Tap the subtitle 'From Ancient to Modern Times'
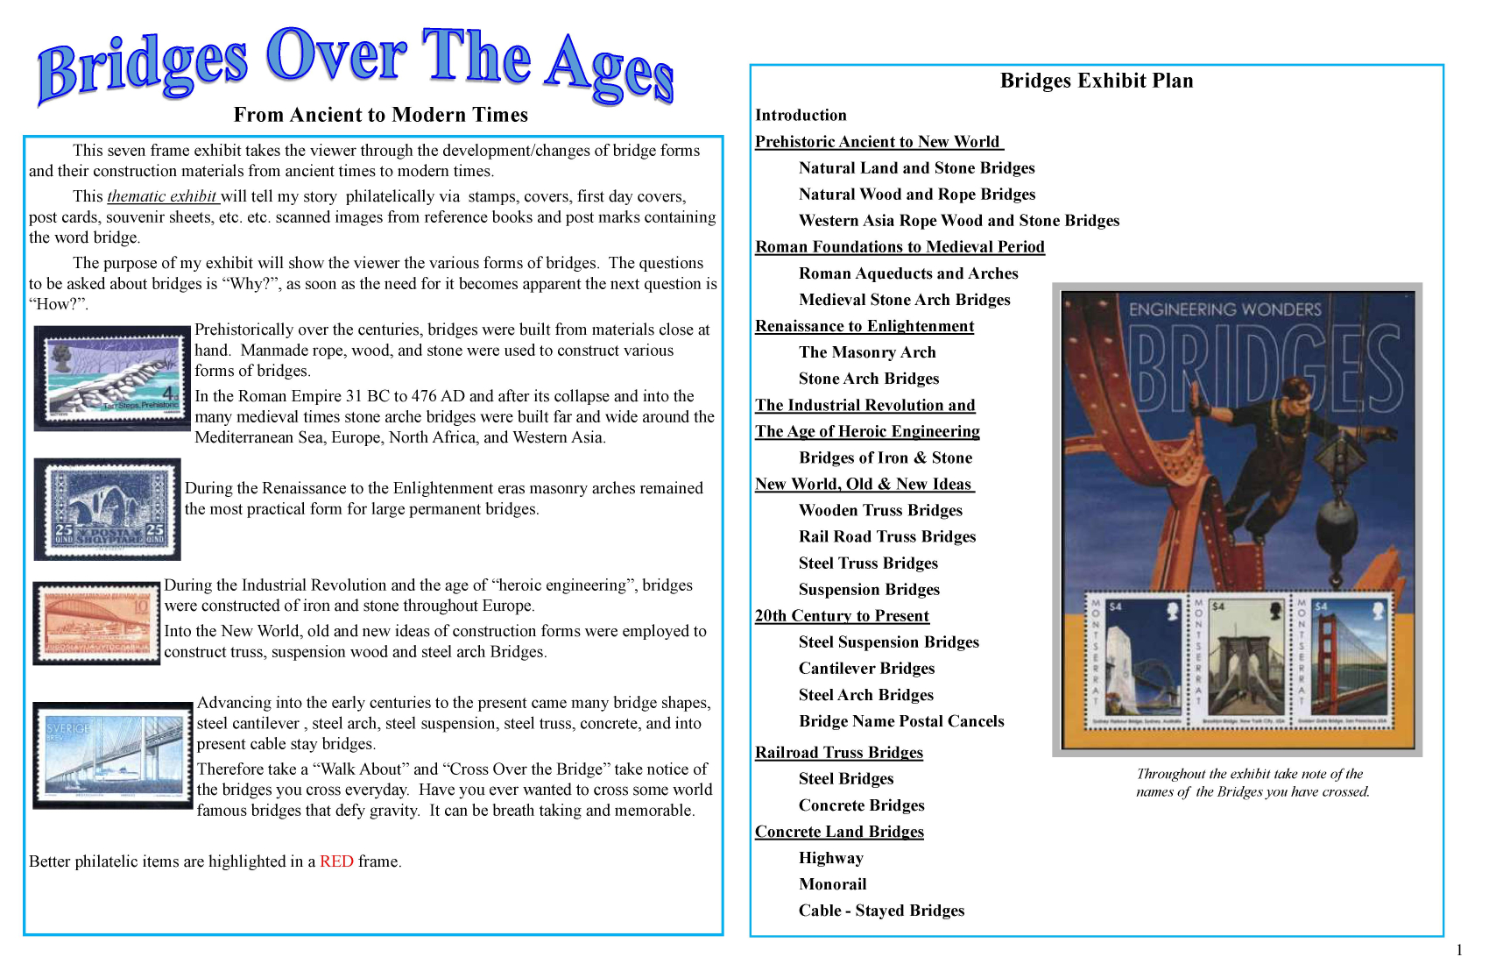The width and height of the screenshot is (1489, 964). coord(381,115)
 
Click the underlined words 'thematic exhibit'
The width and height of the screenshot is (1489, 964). coord(162,196)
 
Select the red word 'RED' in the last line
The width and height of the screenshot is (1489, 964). coord(336,861)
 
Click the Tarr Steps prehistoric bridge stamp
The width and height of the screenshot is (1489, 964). coord(112,378)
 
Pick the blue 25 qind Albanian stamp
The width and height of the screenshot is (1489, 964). coord(108,509)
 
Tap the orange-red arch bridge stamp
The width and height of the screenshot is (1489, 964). coord(97,624)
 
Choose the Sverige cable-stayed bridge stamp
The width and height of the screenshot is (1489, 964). coord(113,755)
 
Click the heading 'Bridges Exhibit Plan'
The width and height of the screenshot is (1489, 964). coord(1097,81)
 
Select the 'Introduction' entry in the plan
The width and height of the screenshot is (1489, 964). coord(801,115)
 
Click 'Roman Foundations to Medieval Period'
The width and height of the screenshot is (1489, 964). coord(900,247)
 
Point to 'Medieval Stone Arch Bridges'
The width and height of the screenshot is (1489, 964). coord(904,300)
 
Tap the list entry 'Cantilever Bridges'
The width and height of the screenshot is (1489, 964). coord(866,669)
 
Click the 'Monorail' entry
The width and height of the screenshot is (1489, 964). coord(832,884)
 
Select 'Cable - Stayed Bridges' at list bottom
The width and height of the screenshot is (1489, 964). coord(881,911)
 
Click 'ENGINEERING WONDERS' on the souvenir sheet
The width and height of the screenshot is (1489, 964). coord(1224,309)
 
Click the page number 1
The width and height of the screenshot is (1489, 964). coord(1459,950)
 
